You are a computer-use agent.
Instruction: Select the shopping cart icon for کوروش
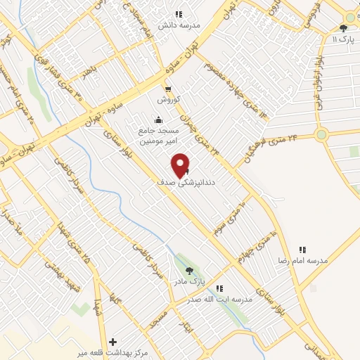tap(168, 89)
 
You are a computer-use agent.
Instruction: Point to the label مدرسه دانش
tap(179, 25)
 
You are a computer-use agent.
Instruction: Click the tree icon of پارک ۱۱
tap(343, 28)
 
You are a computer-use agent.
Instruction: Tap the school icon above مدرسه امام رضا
tap(303, 250)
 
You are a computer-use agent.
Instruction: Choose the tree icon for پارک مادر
tap(188, 271)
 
